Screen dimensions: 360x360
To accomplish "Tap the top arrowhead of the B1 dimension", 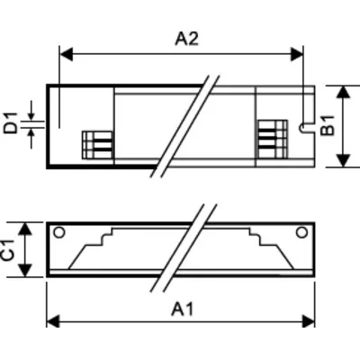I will point(343,91).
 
